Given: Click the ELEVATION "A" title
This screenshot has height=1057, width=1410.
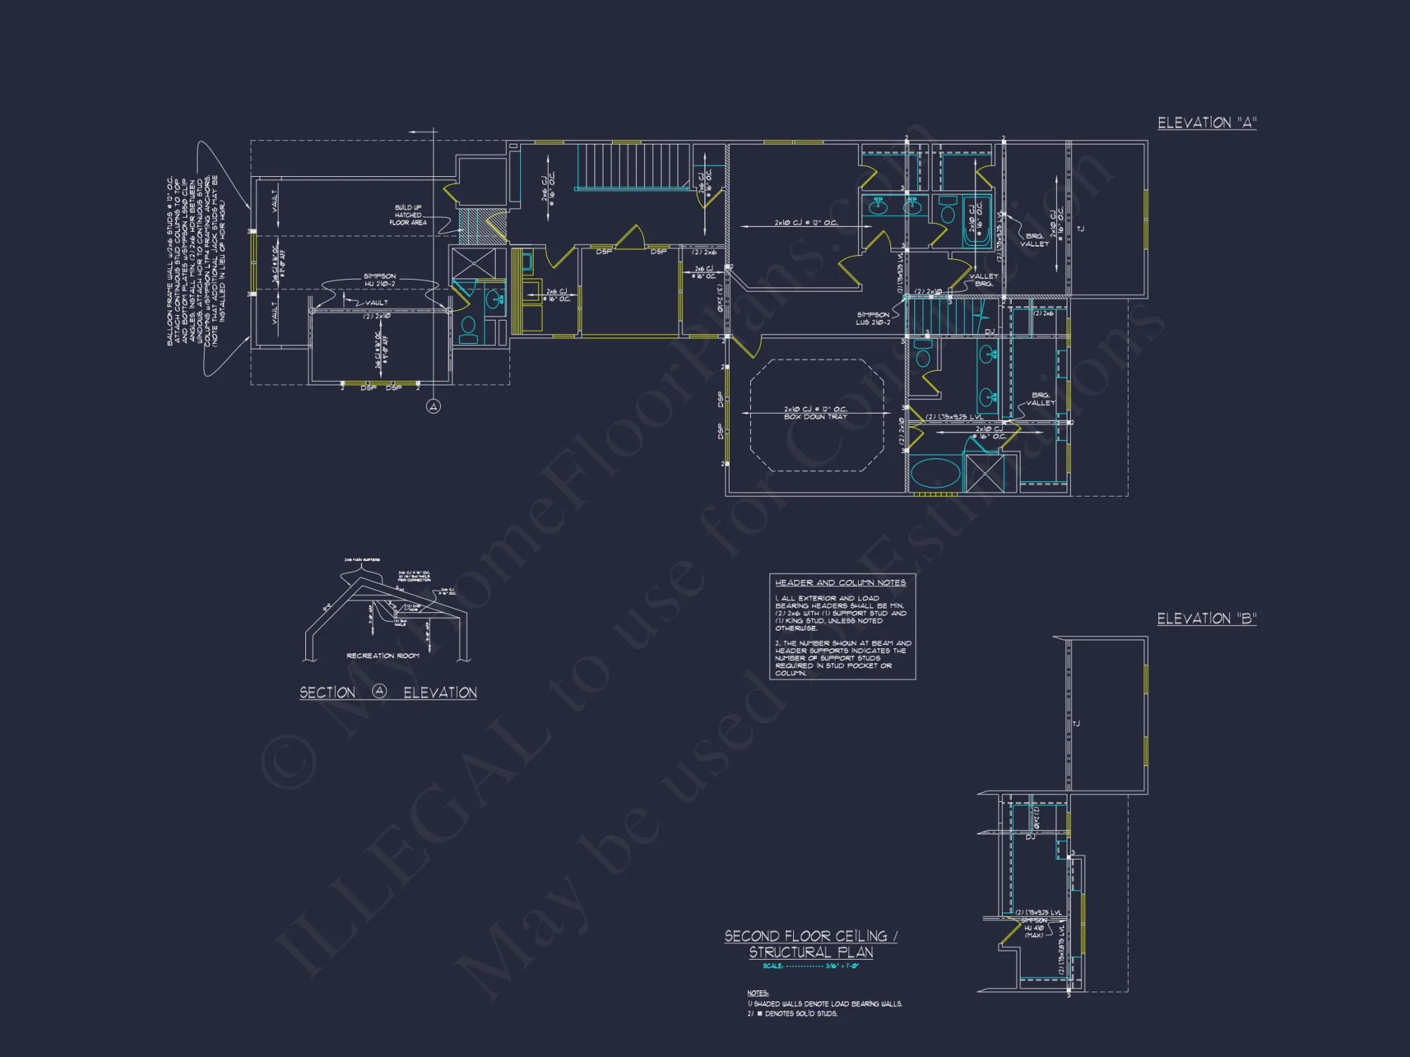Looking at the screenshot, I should click(x=1206, y=123).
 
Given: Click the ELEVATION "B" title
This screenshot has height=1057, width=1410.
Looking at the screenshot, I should click(x=1206, y=619).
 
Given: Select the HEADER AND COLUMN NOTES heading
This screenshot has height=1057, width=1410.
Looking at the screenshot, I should click(x=840, y=583).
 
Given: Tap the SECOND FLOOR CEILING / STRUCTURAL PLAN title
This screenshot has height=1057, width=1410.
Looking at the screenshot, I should click(x=811, y=944).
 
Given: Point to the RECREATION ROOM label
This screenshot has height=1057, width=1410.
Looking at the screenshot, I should click(x=383, y=656).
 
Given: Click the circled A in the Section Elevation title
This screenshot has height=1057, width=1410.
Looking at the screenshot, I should click(x=379, y=691).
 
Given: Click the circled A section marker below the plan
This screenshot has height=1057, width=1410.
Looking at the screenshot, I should click(x=434, y=407).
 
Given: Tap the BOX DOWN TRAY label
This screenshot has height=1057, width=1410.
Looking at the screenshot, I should click(x=816, y=417).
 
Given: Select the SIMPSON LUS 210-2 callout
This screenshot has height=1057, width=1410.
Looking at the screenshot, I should click(x=873, y=319).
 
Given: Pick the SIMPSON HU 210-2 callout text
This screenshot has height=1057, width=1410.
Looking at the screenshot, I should click(x=379, y=280).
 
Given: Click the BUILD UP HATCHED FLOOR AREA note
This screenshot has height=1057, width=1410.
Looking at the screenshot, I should click(x=409, y=215).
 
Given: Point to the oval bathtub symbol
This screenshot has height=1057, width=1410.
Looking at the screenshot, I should click(x=935, y=474).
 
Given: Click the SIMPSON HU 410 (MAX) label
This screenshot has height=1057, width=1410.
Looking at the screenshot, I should click(x=1034, y=928).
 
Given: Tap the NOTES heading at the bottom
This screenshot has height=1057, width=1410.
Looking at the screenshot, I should click(x=757, y=993).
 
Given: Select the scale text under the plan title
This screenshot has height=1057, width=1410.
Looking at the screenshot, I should click(x=811, y=966).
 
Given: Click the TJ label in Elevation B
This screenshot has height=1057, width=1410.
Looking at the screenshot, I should click(x=1076, y=724).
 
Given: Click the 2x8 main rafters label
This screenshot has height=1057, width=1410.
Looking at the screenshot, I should click(x=362, y=560).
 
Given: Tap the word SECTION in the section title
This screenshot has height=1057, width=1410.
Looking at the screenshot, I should click(x=327, y=693).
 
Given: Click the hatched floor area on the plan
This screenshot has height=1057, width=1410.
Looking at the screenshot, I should click(x=482, y=226).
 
